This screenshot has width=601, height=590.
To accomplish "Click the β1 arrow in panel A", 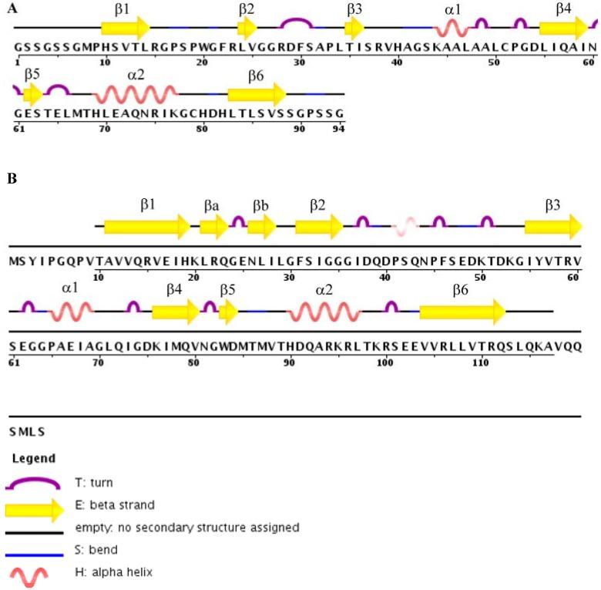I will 126,29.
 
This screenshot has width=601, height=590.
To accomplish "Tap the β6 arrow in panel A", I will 257,95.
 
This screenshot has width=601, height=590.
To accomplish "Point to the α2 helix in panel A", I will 136,95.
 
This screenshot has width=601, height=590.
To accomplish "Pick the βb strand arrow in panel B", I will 261,225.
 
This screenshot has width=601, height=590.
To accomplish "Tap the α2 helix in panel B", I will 322,312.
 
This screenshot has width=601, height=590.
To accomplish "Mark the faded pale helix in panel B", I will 405,225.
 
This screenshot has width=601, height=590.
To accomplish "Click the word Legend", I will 33,458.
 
